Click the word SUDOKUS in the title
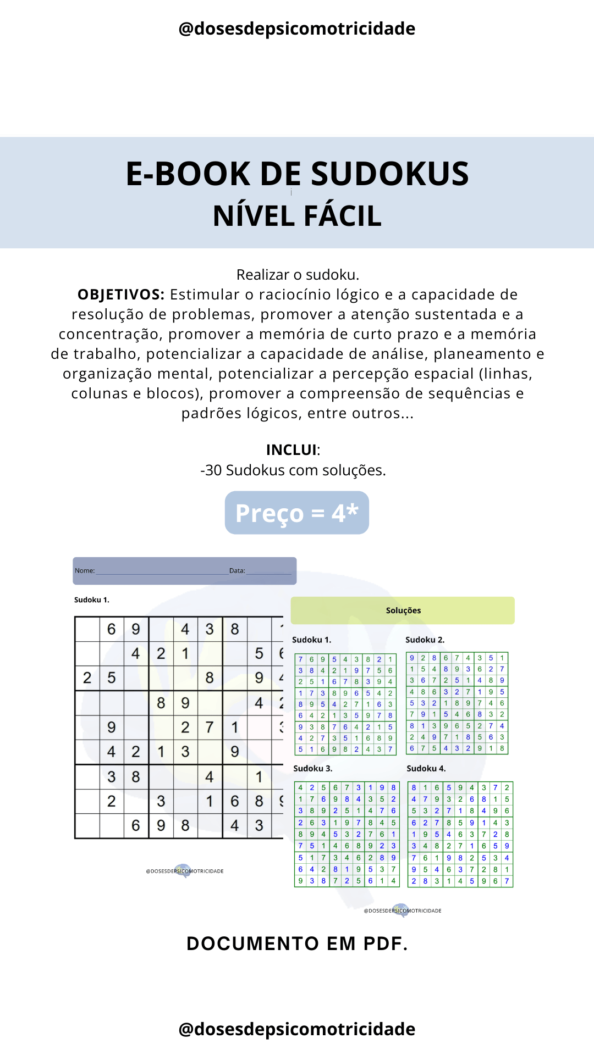389,174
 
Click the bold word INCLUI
291,450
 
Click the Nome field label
85,571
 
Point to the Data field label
237,571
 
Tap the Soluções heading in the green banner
403,610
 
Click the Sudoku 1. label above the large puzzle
92,600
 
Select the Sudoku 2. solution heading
425,640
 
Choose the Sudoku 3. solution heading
312,768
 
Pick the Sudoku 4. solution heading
426,768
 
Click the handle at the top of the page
297,29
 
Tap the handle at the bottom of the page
297,1029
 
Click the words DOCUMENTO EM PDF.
297,943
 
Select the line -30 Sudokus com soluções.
293,470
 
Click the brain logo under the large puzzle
183,870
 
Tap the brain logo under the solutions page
402,910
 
